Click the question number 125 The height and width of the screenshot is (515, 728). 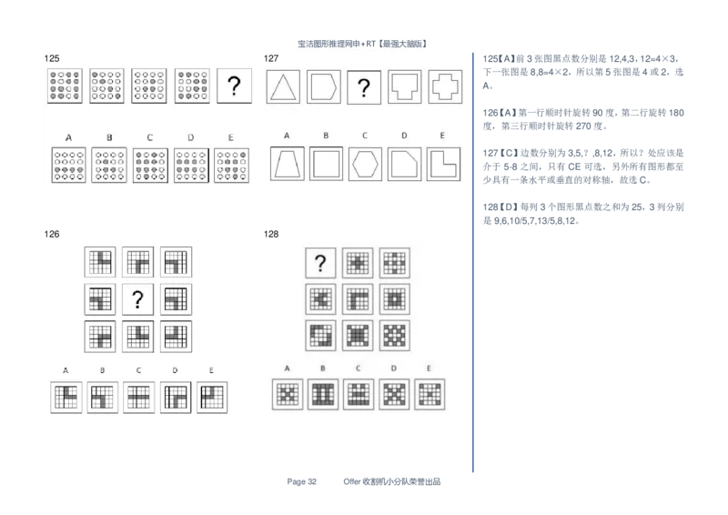(52, 58)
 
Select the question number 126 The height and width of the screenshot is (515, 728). (52, 234)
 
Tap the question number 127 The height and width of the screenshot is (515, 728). (271, 58)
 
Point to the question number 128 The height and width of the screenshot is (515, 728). (271, 234)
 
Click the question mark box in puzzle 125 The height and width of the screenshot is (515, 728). (235, 86)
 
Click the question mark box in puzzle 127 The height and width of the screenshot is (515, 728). (364, 86)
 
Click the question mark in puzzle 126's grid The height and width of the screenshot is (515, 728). (137, 299)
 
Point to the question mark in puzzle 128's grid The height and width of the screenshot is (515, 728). (320, 263)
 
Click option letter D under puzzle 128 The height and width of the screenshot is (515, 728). (394, 369)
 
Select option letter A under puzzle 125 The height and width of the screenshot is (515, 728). (69, 137)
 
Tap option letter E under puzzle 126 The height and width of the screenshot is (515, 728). (211, 370)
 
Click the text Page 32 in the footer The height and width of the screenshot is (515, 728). (302, 481)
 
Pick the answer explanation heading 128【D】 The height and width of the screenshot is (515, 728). (500, 207)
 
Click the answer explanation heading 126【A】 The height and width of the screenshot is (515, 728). (500, 113)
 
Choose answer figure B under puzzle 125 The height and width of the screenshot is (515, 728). (109, 165)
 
